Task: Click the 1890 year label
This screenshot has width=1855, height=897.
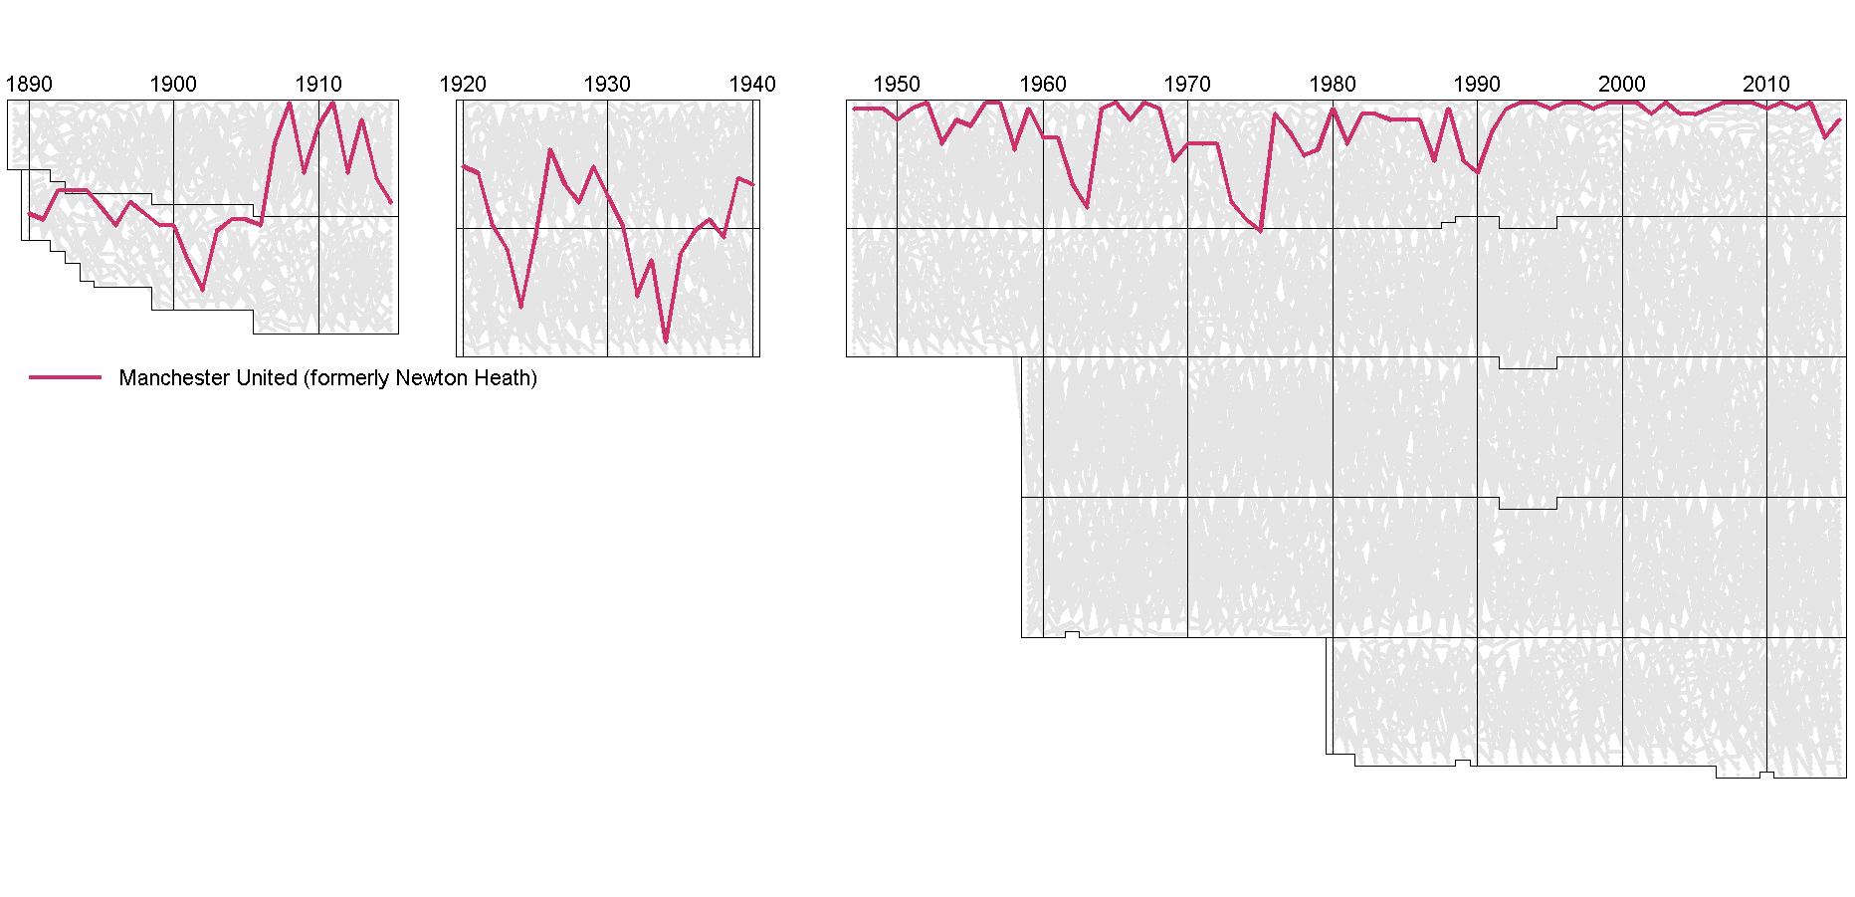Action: (x=29, y=84)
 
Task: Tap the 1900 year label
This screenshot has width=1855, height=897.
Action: (x=173, y=84)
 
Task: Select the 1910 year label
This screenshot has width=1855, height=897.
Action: (x=318, y=84)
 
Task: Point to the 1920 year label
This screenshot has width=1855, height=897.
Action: (x=463, y=84)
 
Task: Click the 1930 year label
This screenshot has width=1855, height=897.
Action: (x=607, y=84)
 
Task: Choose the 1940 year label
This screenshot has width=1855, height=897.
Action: (x=752, y=84)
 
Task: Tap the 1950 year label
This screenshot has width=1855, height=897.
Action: (x=897, y=84)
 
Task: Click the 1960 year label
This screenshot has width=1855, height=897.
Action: (x=1043, y=84)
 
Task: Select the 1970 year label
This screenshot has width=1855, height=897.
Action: (x=1187, y=84)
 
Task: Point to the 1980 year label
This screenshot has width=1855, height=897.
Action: (x=1333, y=84)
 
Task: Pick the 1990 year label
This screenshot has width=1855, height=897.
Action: (x=1477, y=84)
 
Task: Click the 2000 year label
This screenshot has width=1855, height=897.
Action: (x=1622, y=84)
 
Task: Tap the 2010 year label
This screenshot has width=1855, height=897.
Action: (x=1766, y=84)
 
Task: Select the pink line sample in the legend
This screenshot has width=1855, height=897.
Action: (x=65, y=378)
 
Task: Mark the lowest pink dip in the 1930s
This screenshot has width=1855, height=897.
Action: (x=666, y=341)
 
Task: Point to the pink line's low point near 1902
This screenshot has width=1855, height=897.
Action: (x=203, y=290)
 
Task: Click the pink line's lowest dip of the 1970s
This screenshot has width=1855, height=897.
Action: (x=1260, y=231)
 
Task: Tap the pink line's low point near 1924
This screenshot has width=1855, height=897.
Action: (x=520, y=307)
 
